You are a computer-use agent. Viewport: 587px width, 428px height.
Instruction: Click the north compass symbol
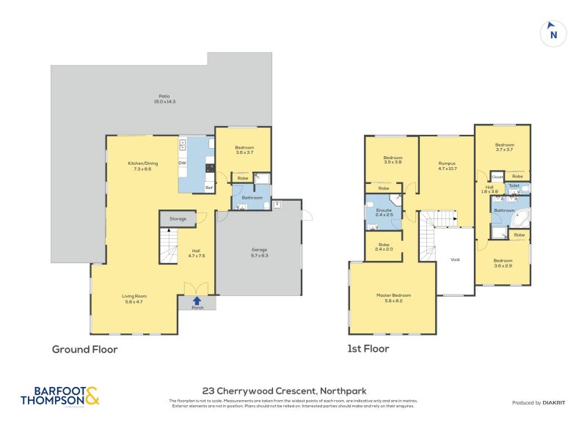coord(553,33)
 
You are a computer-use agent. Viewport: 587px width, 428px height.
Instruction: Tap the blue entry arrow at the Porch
coord(197,299)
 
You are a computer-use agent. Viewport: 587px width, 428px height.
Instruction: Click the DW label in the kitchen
coord(182,163)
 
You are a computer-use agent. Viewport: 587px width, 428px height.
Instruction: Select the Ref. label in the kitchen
coord(208,188)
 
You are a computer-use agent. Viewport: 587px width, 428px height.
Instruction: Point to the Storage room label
coord(178,218)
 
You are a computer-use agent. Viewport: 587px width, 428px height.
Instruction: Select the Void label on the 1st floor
coord(455,259)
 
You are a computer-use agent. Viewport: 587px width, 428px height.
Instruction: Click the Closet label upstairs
coord(497,177)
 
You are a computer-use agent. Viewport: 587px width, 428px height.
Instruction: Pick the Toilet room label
coord(514,186)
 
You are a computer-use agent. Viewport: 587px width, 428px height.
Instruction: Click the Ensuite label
coord(384,210)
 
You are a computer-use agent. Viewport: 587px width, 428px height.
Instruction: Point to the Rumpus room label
coord(447,163)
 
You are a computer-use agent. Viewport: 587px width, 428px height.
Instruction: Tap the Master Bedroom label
coord(393,295)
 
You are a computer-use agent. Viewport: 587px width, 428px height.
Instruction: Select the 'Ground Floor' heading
coord(84,350)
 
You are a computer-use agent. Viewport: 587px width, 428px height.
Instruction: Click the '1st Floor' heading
coord(368,349)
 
